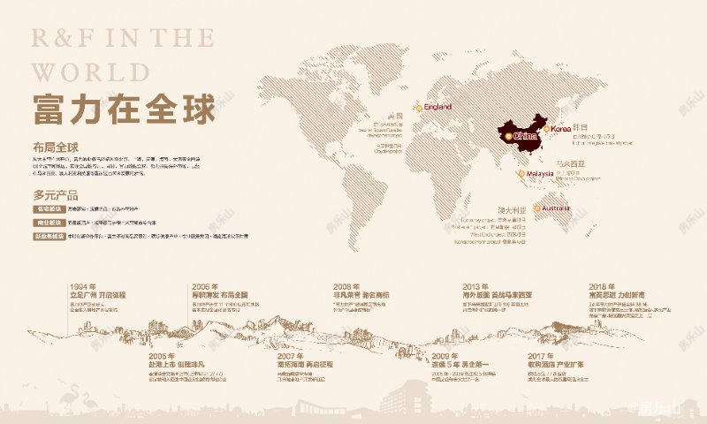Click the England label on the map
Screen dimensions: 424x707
[438, 107]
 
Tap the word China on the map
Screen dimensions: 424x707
[525, 137]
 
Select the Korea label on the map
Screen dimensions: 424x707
[561, 129]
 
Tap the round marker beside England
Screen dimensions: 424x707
[420, 107]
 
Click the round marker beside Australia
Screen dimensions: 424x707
[537, 208]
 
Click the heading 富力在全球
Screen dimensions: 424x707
[124, 110]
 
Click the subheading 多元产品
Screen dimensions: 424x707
[57, 194]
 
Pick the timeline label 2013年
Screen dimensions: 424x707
[475, 286]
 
